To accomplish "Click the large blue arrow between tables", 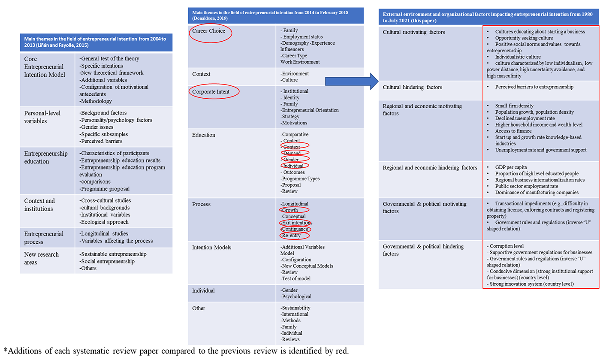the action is pos(351,81).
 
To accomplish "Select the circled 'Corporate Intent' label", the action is pos(214,91).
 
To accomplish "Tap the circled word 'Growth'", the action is pos(293,210).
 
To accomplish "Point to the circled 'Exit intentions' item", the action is pos(296,223).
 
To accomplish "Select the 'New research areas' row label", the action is pos(41,259).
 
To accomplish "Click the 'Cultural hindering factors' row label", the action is pos(412,88).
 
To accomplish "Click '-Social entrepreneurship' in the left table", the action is pos(107,261).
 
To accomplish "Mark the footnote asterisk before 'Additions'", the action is pos(6,350).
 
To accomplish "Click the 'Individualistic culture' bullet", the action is pos(519,57).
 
